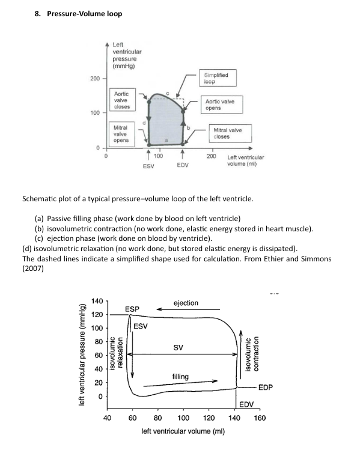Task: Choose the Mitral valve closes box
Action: click(x=229, y=133)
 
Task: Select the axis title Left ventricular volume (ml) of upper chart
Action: click(x=245, y=160)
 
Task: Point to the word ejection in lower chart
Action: click(x=185, y=303)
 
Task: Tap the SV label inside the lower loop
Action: click(x=178, y=347)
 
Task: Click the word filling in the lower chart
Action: click(x=180, y=377)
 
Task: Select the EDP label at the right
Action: click(x=265, y=388)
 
